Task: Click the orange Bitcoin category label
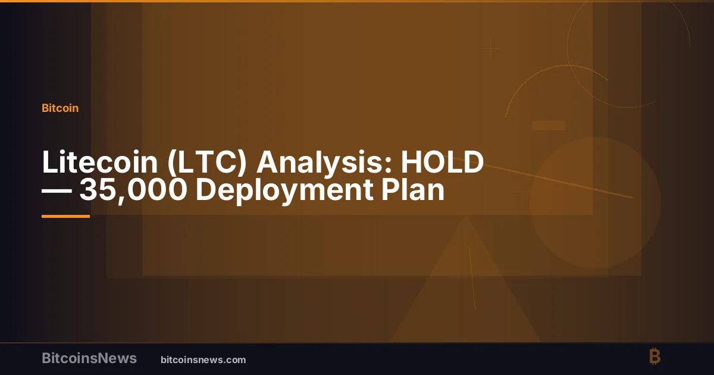[x=60, y=108]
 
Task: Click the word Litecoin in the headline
[x=100, y=162]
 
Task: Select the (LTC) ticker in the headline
[x=207, y=162]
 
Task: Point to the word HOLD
[x=443, y=162]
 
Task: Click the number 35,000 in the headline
[x=133, y=190]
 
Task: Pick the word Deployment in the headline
[x=284, y=190]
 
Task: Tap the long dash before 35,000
[x=57, y=191]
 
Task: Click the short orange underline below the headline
[x=65, y=216]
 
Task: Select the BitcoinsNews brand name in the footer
[x=89, y=358]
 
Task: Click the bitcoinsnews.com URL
[x=203, y=360]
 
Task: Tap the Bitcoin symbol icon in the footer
[x=655, y=356]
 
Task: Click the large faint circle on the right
[x=595, y=203]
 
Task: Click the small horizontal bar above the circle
[x=548, y=126]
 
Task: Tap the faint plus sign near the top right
[x=490, y=49]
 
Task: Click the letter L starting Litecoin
[x=50, y=162]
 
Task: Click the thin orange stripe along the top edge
[x=357, y=1]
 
